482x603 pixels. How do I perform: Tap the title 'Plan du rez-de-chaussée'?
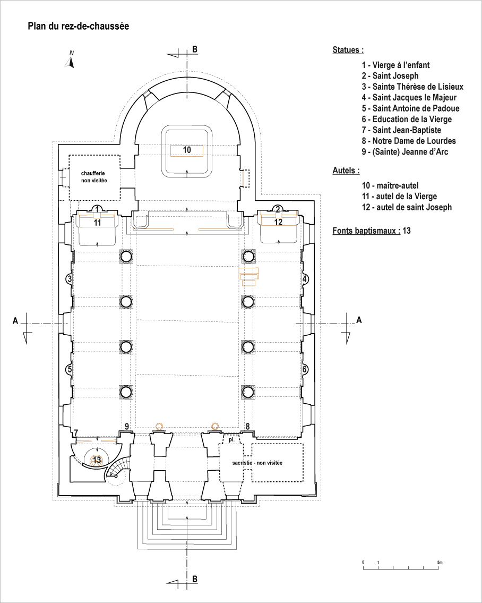79,26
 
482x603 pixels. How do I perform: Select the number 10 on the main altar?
187,150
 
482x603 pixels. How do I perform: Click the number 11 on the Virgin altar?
97,222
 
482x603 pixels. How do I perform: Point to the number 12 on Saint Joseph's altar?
278,222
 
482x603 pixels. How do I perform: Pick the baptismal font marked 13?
97,460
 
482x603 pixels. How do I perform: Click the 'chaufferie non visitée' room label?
94,177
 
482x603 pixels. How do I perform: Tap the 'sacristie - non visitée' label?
257,463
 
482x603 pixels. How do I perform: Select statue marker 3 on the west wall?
69,279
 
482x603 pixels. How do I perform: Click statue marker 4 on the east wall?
305,279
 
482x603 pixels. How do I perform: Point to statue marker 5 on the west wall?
69,370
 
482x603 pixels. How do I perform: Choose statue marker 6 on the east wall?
305,370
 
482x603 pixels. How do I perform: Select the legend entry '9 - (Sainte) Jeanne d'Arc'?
404,152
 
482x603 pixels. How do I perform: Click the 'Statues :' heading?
348,50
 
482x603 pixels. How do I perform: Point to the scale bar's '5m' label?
440,562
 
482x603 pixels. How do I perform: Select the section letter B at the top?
195,49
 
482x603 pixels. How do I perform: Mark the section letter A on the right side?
359,320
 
